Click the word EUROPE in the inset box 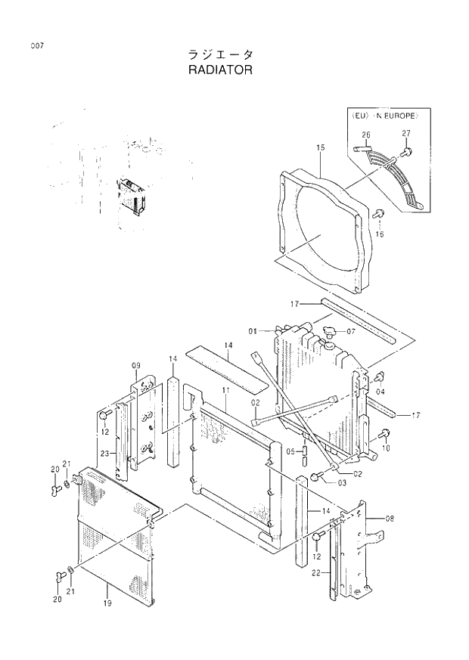(x=402, y=116)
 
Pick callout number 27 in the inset (x=405, y=133)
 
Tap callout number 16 (x=380, y=234)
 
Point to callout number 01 (x=253, y=330)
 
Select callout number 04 (x=380, y=392)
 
